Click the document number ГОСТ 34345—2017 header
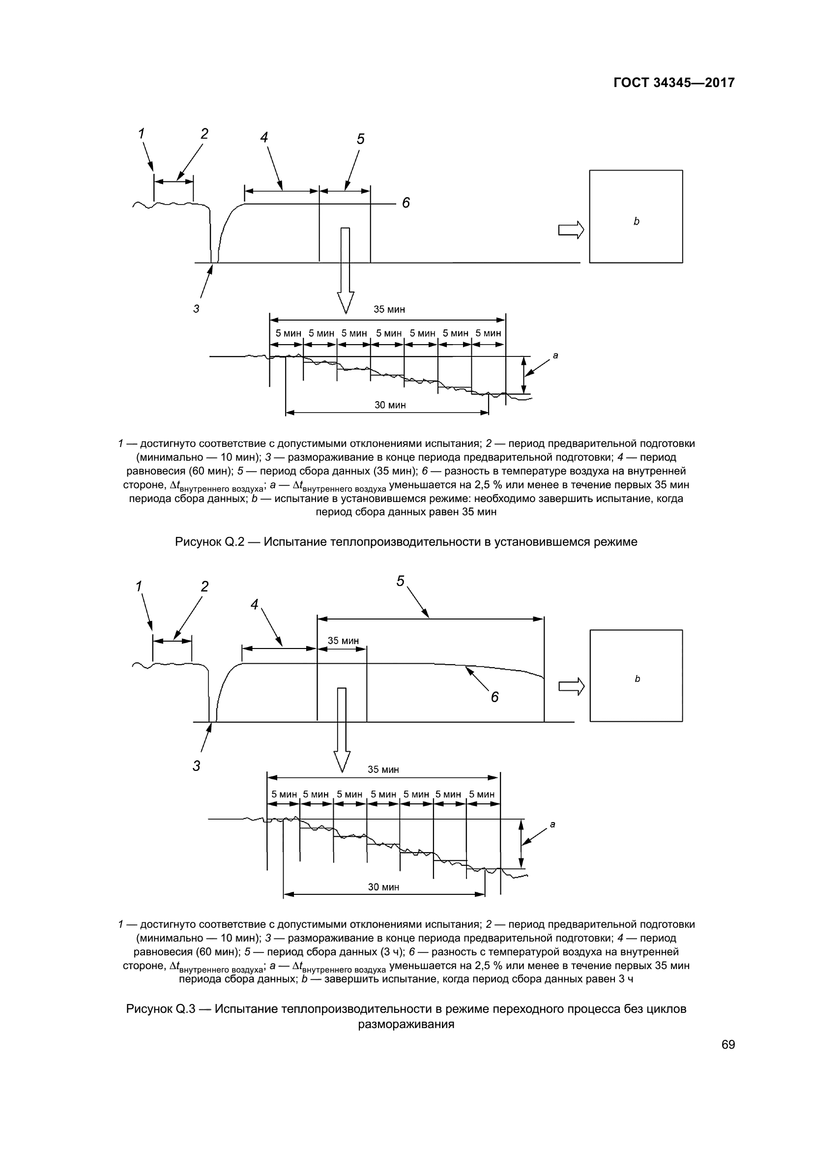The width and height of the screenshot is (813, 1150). coord(674,83)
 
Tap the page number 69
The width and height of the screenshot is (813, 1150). coord(728,1045)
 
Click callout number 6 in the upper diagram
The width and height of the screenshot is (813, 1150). coord(406,203)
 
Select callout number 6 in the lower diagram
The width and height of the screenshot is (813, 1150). coord(494,697)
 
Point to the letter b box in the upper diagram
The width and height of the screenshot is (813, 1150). coord(636,216)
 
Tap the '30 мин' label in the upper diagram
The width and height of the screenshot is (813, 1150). coord(390,405)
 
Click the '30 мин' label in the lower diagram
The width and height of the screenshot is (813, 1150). coord(383,887)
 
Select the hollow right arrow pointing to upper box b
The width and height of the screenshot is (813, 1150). coord(571,230)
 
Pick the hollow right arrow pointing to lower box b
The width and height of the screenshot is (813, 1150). coord(571,686)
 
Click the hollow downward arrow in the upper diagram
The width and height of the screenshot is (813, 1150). coord(346,270)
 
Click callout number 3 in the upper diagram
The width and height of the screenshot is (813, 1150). coord(196,309)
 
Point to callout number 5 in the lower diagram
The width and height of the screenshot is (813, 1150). coord(401,581)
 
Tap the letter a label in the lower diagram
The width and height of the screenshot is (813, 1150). coord(552,824)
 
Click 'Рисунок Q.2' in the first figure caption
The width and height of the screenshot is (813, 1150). coord(210,542)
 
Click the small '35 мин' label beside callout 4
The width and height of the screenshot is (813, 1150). coord(343,641)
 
